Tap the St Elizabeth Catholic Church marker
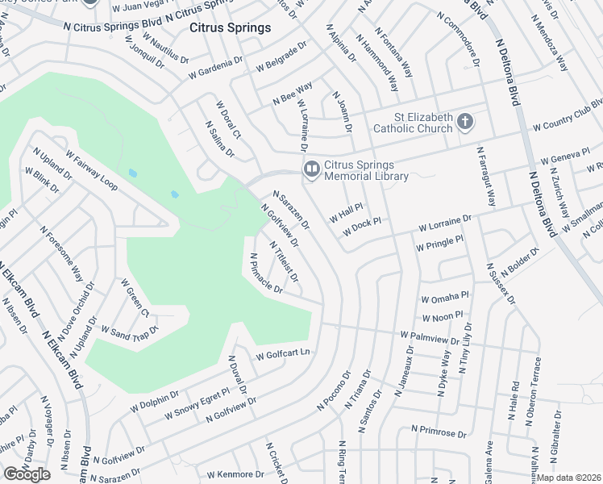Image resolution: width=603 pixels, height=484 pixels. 464,123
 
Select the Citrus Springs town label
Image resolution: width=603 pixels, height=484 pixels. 230,28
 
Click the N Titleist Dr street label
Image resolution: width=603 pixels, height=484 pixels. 284,262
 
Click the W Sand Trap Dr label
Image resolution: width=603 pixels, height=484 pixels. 130,329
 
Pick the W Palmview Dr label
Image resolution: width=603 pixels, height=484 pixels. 429,338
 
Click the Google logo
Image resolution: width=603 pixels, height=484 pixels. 27,474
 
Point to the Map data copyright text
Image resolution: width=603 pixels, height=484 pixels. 569,478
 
